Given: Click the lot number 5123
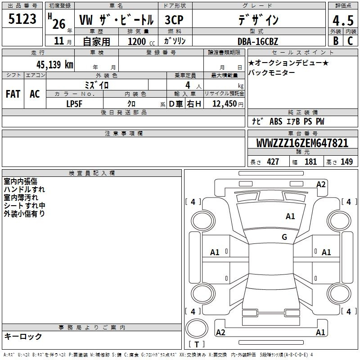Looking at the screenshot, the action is coord(22,18).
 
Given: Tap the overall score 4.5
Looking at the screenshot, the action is coord(343,20).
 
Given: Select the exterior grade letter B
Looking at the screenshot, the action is coord(336,40).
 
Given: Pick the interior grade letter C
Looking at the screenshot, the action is coord(350,40).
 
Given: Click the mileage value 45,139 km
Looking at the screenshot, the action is coord(54,64).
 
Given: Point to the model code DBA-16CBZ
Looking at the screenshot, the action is coord(257,41).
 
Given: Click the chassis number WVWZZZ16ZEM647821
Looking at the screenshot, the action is coord(302,143).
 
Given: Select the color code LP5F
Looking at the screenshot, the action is coord(74,104).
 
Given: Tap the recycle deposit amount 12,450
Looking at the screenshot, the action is coord(225,103).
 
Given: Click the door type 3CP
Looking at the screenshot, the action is coord(174,20).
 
